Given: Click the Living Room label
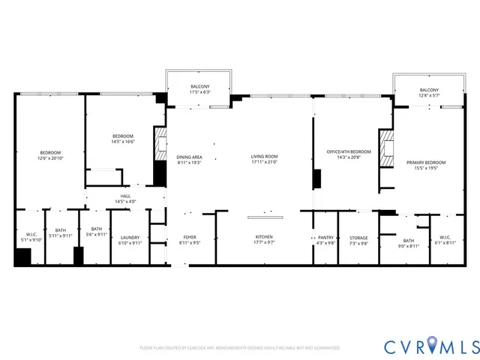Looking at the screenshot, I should click(265, 156).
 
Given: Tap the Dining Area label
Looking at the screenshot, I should click(190, 156).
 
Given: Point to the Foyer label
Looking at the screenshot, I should click(190, 236).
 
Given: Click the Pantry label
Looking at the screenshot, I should click(325, 236).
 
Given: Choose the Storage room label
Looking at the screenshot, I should click(358, 236).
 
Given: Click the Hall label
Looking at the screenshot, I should click(125, 196).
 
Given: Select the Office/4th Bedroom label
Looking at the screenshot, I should click(349, 151).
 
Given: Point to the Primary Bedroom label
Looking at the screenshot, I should click(426, 162).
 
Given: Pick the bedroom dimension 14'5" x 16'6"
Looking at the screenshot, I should click(122, 141).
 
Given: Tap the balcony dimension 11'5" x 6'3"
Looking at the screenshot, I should click(200, 92).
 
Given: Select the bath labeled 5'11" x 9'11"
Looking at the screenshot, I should click(59, 235).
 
